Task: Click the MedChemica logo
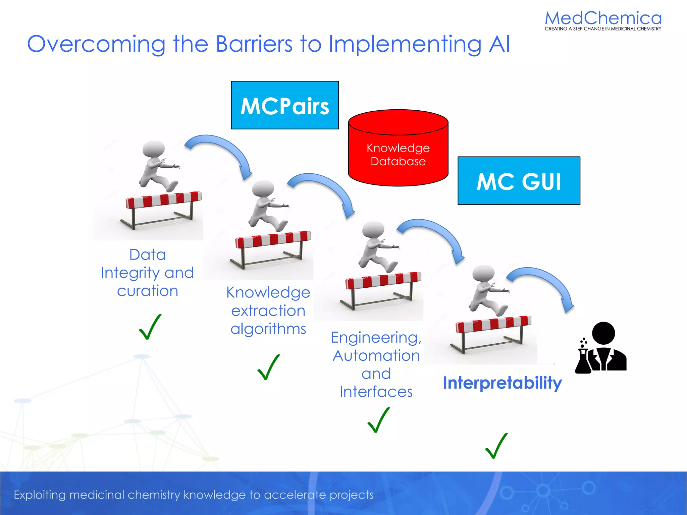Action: (603, 20)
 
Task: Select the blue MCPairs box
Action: (285, 105)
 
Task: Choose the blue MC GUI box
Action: (519, 181)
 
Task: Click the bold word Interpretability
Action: (502, 383)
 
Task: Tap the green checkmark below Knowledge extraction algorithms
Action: (268, 367)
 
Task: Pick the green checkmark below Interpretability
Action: (496, 446)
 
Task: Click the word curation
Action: (148, 291)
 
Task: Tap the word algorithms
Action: (268, 329)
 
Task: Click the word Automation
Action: (376, 355)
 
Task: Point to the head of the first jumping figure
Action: (154, 149)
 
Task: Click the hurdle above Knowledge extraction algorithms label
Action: (272, 248)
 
